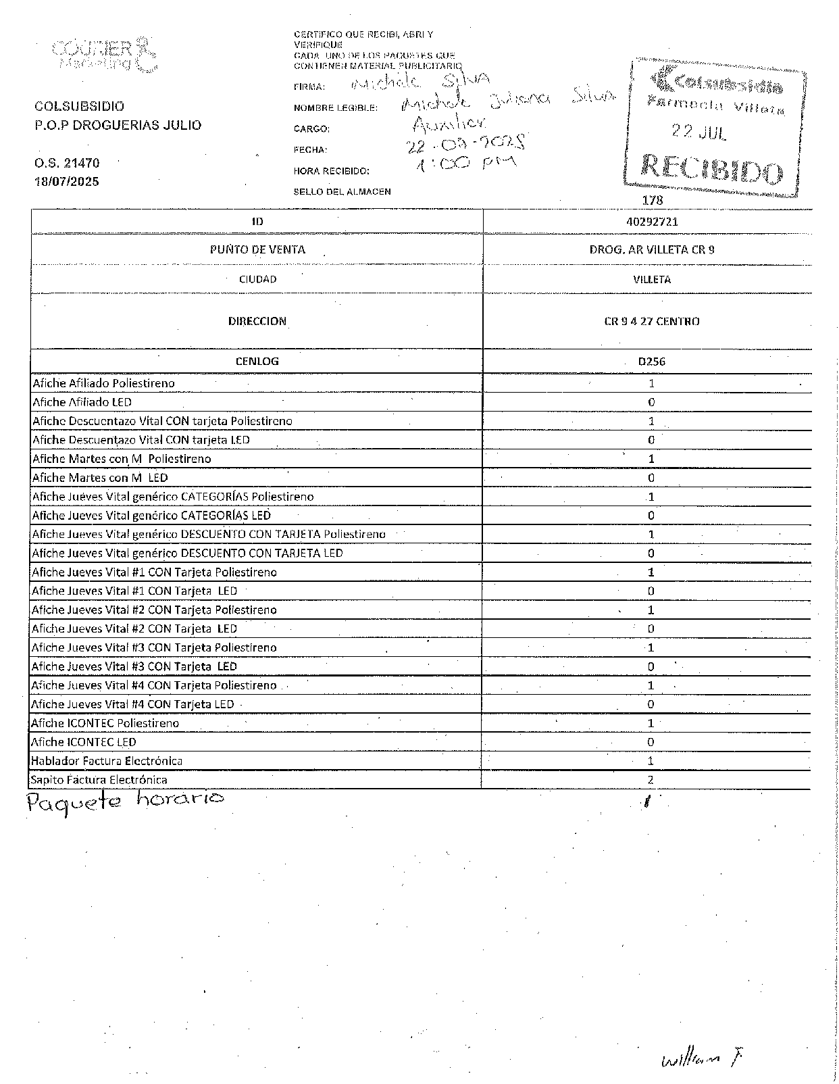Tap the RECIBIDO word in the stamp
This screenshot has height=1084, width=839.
[712, 169]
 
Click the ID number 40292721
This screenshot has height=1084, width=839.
[652, 222]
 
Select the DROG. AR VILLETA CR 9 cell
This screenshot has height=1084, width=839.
[652, 249]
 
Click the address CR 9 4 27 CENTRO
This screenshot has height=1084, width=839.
[652, 322]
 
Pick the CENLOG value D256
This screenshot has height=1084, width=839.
[652, 362]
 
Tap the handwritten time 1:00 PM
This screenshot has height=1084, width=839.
[466, 164]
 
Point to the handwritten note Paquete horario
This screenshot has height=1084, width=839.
[124, 801]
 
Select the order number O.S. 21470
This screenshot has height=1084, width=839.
[67, 163]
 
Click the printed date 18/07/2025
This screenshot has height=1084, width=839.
[67, 182]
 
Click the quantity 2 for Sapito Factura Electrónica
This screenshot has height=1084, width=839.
[651, 780]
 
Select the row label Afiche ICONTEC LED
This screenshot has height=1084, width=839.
[84, 742]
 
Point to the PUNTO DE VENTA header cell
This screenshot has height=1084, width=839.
[257, 249]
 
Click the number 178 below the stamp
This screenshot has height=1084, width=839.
[653, 200]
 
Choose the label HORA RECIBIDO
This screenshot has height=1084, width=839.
[331, 171]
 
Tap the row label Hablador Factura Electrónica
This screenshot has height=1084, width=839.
[107, 761]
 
